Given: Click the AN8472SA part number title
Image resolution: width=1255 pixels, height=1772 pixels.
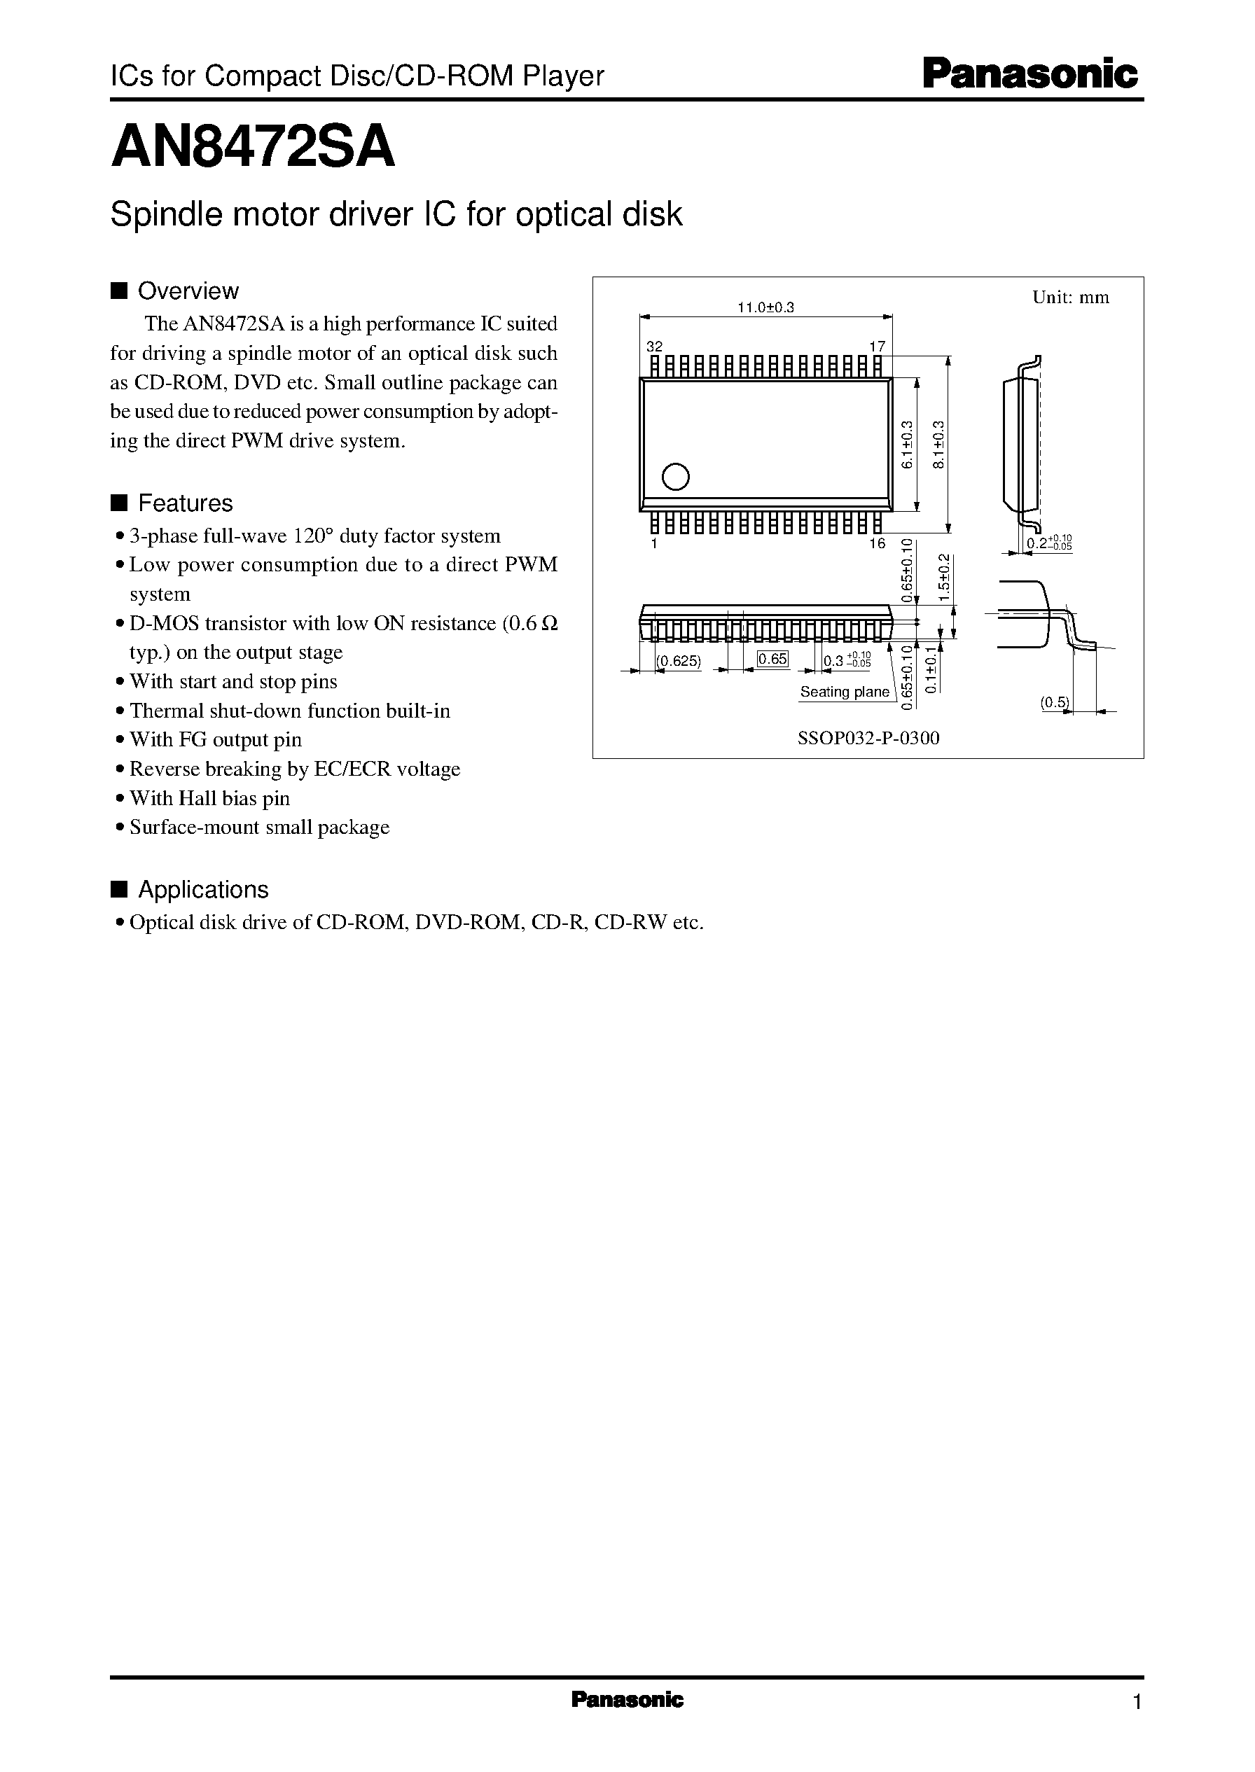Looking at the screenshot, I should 253,148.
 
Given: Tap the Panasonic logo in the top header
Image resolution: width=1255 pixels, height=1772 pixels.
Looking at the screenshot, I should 1031,74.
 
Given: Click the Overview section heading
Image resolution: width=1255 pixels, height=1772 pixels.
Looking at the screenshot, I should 188,291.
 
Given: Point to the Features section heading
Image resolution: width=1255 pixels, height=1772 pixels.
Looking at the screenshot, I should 185,503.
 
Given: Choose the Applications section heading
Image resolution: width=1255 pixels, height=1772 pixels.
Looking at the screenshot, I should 202,890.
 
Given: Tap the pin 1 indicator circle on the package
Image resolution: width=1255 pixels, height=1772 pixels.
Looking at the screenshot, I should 675,477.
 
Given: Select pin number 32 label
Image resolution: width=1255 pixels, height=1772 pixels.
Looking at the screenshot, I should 655,347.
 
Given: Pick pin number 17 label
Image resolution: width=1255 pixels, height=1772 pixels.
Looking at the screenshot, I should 877,347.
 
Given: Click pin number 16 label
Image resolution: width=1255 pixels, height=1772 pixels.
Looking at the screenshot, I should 876,544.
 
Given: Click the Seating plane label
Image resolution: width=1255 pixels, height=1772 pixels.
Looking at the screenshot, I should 845,692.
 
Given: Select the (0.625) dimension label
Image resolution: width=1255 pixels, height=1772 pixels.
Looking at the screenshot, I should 679,661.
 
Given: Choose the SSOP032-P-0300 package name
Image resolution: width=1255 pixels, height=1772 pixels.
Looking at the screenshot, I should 868,739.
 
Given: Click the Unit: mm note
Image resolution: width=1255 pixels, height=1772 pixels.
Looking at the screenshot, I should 1070,298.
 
